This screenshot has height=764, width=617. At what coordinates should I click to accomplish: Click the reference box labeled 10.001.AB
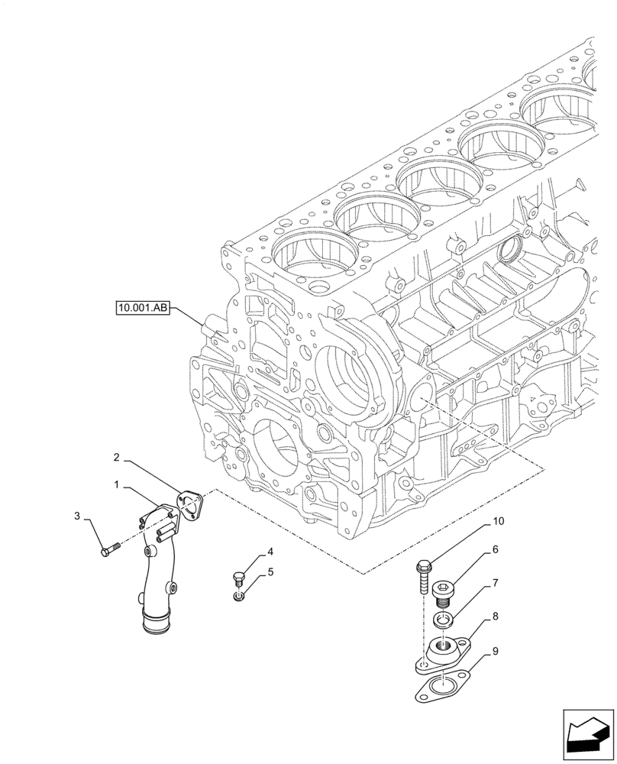(x=142, y=309)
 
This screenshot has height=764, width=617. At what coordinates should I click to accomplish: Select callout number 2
(x=115, y=458)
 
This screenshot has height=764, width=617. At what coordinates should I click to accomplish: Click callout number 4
(x=270, y=552)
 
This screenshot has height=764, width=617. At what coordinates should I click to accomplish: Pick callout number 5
(x=270, y=571)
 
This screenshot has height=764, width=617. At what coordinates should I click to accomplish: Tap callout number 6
(x=495, y=549)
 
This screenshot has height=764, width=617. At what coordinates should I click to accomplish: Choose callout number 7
(x=495, y=583)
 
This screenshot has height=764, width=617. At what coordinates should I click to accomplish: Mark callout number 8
(x=495, y=615)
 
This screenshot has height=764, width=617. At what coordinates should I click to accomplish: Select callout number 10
(x=498, y=521)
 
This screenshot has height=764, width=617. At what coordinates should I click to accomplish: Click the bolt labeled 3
(x=111, y=549)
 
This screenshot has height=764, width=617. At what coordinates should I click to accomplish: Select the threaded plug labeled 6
(x=444, y=592)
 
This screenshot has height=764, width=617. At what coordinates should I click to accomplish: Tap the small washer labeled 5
(x=239, y=596)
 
